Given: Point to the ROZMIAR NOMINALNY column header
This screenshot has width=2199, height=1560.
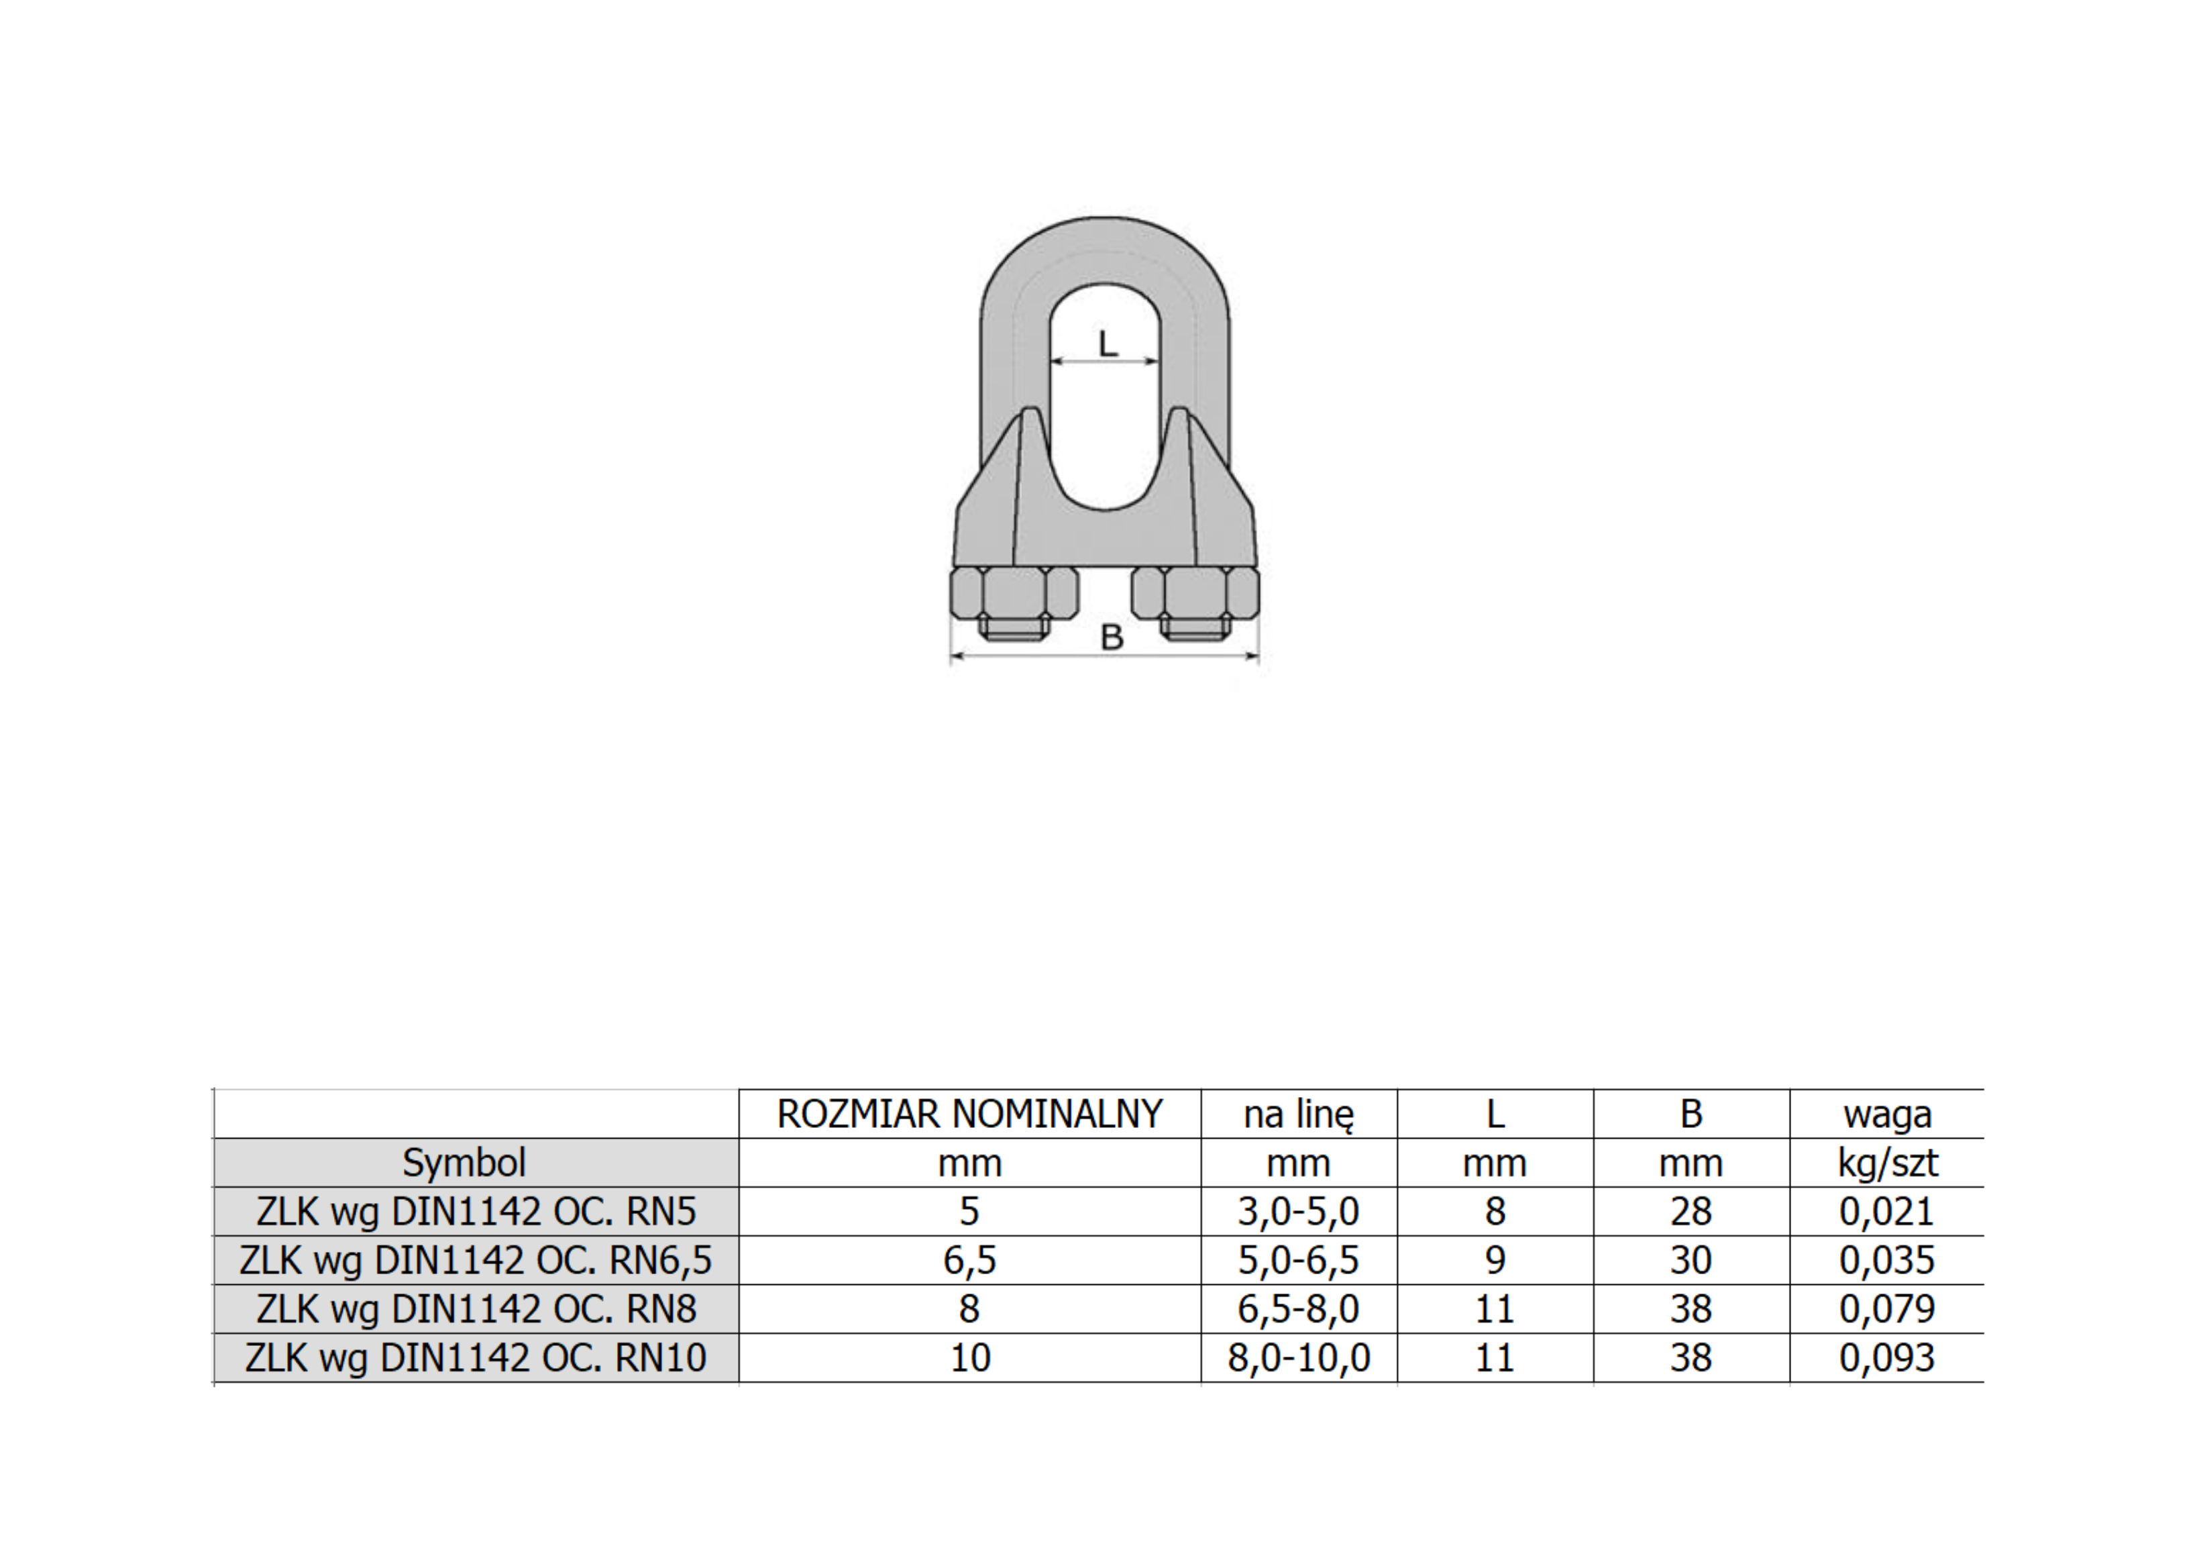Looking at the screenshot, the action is tap(970, 1114).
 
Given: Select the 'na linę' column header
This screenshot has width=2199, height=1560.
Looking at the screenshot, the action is tap(1298, 1115).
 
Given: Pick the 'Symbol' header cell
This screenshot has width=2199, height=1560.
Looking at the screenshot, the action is tap(464, 1164).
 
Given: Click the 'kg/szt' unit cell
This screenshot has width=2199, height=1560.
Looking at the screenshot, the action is tap(1887, 1164).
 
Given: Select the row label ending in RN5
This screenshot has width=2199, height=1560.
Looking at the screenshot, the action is tap(476, 1212).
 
